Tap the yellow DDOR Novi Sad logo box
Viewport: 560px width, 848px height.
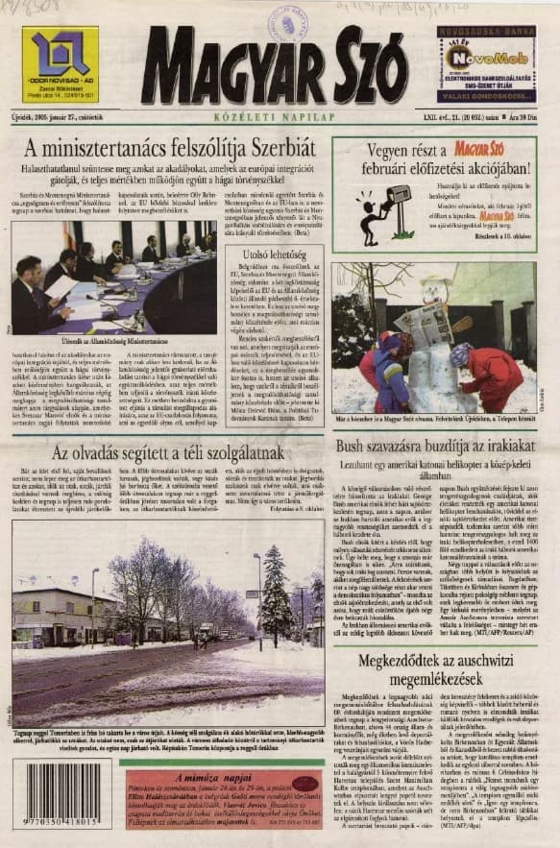[60, 64]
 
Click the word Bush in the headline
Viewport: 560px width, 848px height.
[353, 447]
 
